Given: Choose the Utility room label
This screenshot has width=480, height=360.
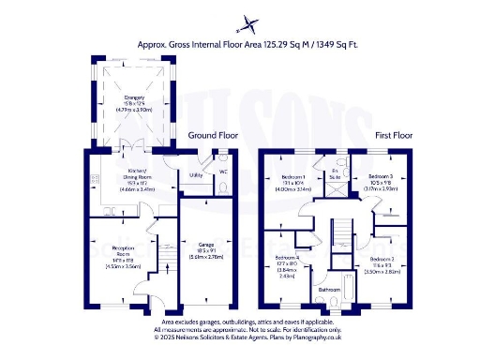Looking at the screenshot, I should tap(196, 175).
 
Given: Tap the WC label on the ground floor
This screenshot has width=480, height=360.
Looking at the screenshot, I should tap(223, 172).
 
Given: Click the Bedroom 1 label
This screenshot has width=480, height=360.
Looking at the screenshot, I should tap(293, 176).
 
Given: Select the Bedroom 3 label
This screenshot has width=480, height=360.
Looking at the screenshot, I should tap(381, 176).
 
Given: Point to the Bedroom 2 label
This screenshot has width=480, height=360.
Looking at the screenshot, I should tap(382, 258).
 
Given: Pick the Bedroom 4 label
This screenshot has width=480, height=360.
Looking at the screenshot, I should tap(288, 258).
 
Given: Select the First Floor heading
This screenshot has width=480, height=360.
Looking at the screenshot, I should tap(396, 135).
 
